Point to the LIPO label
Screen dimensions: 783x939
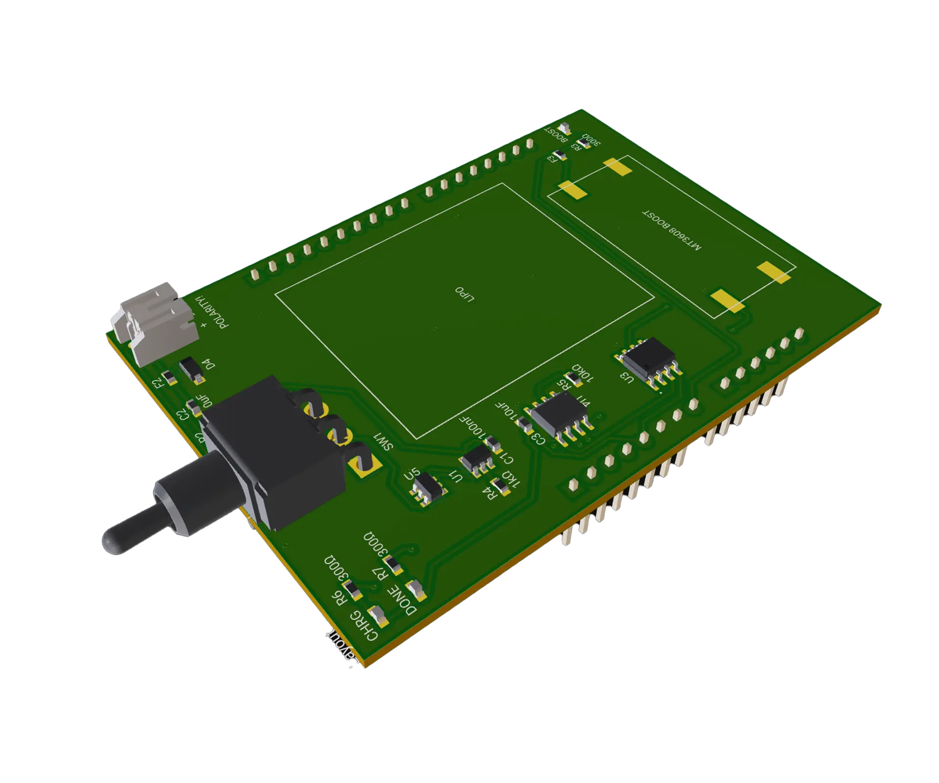465,294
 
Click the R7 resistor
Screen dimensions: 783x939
394,564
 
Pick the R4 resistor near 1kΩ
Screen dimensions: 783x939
500,485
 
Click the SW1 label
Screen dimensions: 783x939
383,441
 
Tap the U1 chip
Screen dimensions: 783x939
476,460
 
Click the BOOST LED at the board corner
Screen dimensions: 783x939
565,129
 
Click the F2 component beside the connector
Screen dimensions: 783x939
169,377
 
